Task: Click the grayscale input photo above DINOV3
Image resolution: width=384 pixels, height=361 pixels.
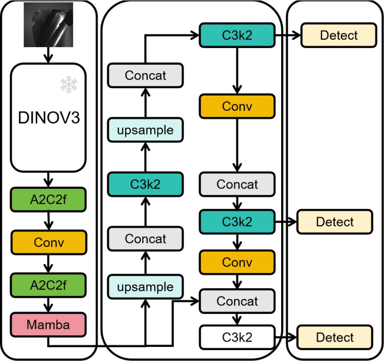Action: pos(48,24)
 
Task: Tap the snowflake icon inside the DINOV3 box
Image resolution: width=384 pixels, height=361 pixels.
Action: pos(68,84)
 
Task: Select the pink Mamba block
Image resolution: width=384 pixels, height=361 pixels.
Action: pos(48,325)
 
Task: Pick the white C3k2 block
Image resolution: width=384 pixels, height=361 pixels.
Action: pos(237,337)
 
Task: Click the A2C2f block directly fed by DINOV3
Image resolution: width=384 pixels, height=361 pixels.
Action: pos(48,200)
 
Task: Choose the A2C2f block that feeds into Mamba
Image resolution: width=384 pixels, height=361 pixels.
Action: pos(48,285)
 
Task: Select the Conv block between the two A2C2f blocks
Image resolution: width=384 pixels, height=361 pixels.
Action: pos(48,242)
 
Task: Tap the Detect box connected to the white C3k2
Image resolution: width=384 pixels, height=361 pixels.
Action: pos(335,337)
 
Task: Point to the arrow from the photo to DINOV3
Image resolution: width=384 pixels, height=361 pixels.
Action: pos(48,55)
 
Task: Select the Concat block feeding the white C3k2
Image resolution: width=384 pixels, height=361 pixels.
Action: pos(237,301)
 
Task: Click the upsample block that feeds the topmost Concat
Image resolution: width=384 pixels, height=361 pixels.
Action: pos(145,130)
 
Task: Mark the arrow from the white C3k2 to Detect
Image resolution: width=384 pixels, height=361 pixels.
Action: pos(286,337)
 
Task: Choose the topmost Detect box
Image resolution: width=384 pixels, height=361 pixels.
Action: pos(338,35)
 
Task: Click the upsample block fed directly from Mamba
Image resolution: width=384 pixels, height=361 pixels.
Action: pos(145,287)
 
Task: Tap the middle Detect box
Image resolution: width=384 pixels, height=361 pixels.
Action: pos(335,222)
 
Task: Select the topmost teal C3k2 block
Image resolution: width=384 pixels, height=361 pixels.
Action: pos(237,35)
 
